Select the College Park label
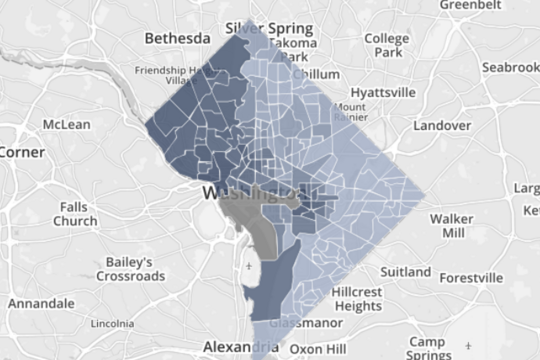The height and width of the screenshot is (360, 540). [x=386, y=45]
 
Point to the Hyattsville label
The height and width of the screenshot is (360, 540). [x=382, y=92]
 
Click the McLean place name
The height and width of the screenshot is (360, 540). [x=67, y=125]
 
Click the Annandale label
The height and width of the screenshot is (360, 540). [x=41, y=303]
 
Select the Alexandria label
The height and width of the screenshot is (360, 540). [x=238, y=346]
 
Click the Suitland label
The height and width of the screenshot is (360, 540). [x=404, y=272]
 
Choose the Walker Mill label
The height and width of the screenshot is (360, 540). [x=452, y=225]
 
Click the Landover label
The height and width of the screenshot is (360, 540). [x=443, y=126]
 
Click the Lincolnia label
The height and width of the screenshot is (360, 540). [x=112, y=324]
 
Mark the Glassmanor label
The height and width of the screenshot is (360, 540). [x=301, y=324]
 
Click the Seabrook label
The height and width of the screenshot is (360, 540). [x=510, y=67]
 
